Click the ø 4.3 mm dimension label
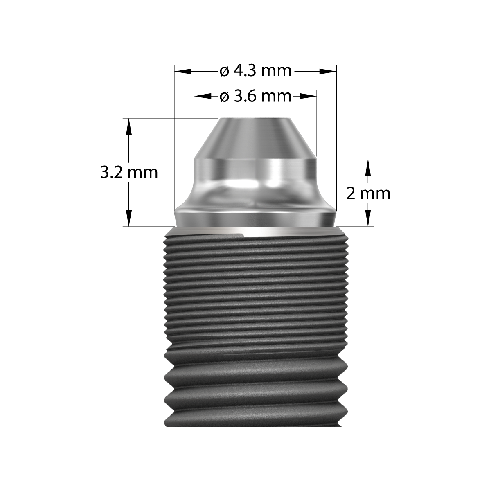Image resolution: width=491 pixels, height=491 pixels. (x=255, y=71)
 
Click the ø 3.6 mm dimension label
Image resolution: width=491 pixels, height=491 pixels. (x=255, y=97)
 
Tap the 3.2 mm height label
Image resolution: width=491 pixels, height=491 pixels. (x=129, y=172)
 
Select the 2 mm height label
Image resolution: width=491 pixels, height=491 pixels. (x=368, y=193)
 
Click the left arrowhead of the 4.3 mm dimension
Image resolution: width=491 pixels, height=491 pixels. (x=183, y=71)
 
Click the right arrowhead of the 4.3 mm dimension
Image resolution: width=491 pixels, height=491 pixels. (x=328, y=71)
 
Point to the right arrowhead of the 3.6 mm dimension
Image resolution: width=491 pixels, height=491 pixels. (x=309, y=97)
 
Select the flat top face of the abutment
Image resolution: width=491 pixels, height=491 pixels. (x=255, y=119)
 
